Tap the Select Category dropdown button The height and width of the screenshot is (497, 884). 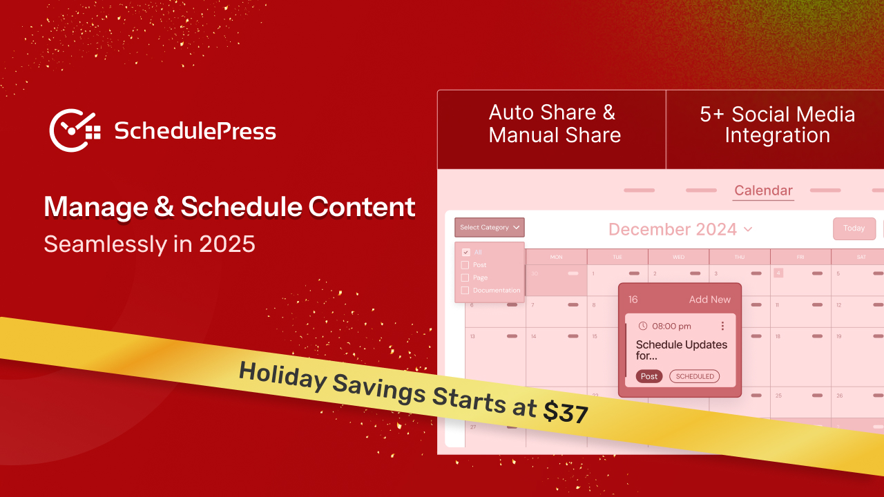click(490, 227)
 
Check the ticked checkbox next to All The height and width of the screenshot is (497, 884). click(466, 253)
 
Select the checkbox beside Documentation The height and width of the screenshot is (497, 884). click(465, 291)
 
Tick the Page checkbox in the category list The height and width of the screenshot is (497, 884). click(465, 277)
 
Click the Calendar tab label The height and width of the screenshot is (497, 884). click(763, 191)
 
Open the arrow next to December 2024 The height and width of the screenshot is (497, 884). click(748, 229)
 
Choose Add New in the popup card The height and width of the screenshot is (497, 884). click(709, 300)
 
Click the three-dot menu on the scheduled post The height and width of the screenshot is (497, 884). click(722, 326)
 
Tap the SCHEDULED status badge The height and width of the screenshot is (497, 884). click(694, 376)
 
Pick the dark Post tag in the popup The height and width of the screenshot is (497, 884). click(649, 376)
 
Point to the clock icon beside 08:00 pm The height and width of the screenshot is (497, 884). click(643, 326)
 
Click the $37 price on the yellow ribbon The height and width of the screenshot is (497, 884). click(566, 412)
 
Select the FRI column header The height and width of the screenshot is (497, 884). click(800, 257)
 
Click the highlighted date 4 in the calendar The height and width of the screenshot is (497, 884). click(778, 273)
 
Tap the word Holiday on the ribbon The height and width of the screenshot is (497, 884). click(276, 376)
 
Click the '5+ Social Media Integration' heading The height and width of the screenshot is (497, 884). click(777, 124)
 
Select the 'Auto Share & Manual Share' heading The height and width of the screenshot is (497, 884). click(555, 124)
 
